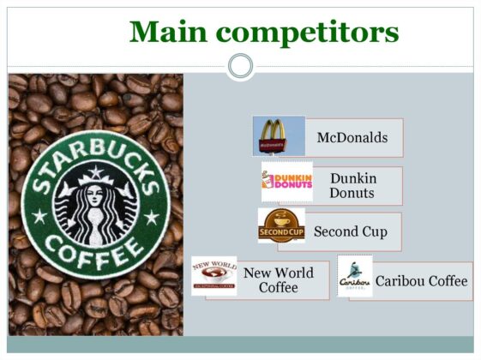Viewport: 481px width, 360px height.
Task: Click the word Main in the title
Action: [x=166, y=32]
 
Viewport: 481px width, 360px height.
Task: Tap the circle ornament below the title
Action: [x=241, y=65]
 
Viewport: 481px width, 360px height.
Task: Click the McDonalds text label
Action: [x=352, y=137]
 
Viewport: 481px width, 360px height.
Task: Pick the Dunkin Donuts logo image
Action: [x=286, y=181]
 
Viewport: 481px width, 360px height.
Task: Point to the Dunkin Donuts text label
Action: [x=352, y=185]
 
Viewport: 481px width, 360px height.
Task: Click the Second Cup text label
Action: [x=350, y=231]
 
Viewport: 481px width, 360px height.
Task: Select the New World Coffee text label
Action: [x=278, y=279]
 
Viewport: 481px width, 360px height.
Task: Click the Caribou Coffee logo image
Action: [x=355, y=276]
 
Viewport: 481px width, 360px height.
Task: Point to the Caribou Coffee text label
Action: [x=421, y=281]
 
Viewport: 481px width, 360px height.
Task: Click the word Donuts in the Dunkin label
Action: [x=352, y=193]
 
